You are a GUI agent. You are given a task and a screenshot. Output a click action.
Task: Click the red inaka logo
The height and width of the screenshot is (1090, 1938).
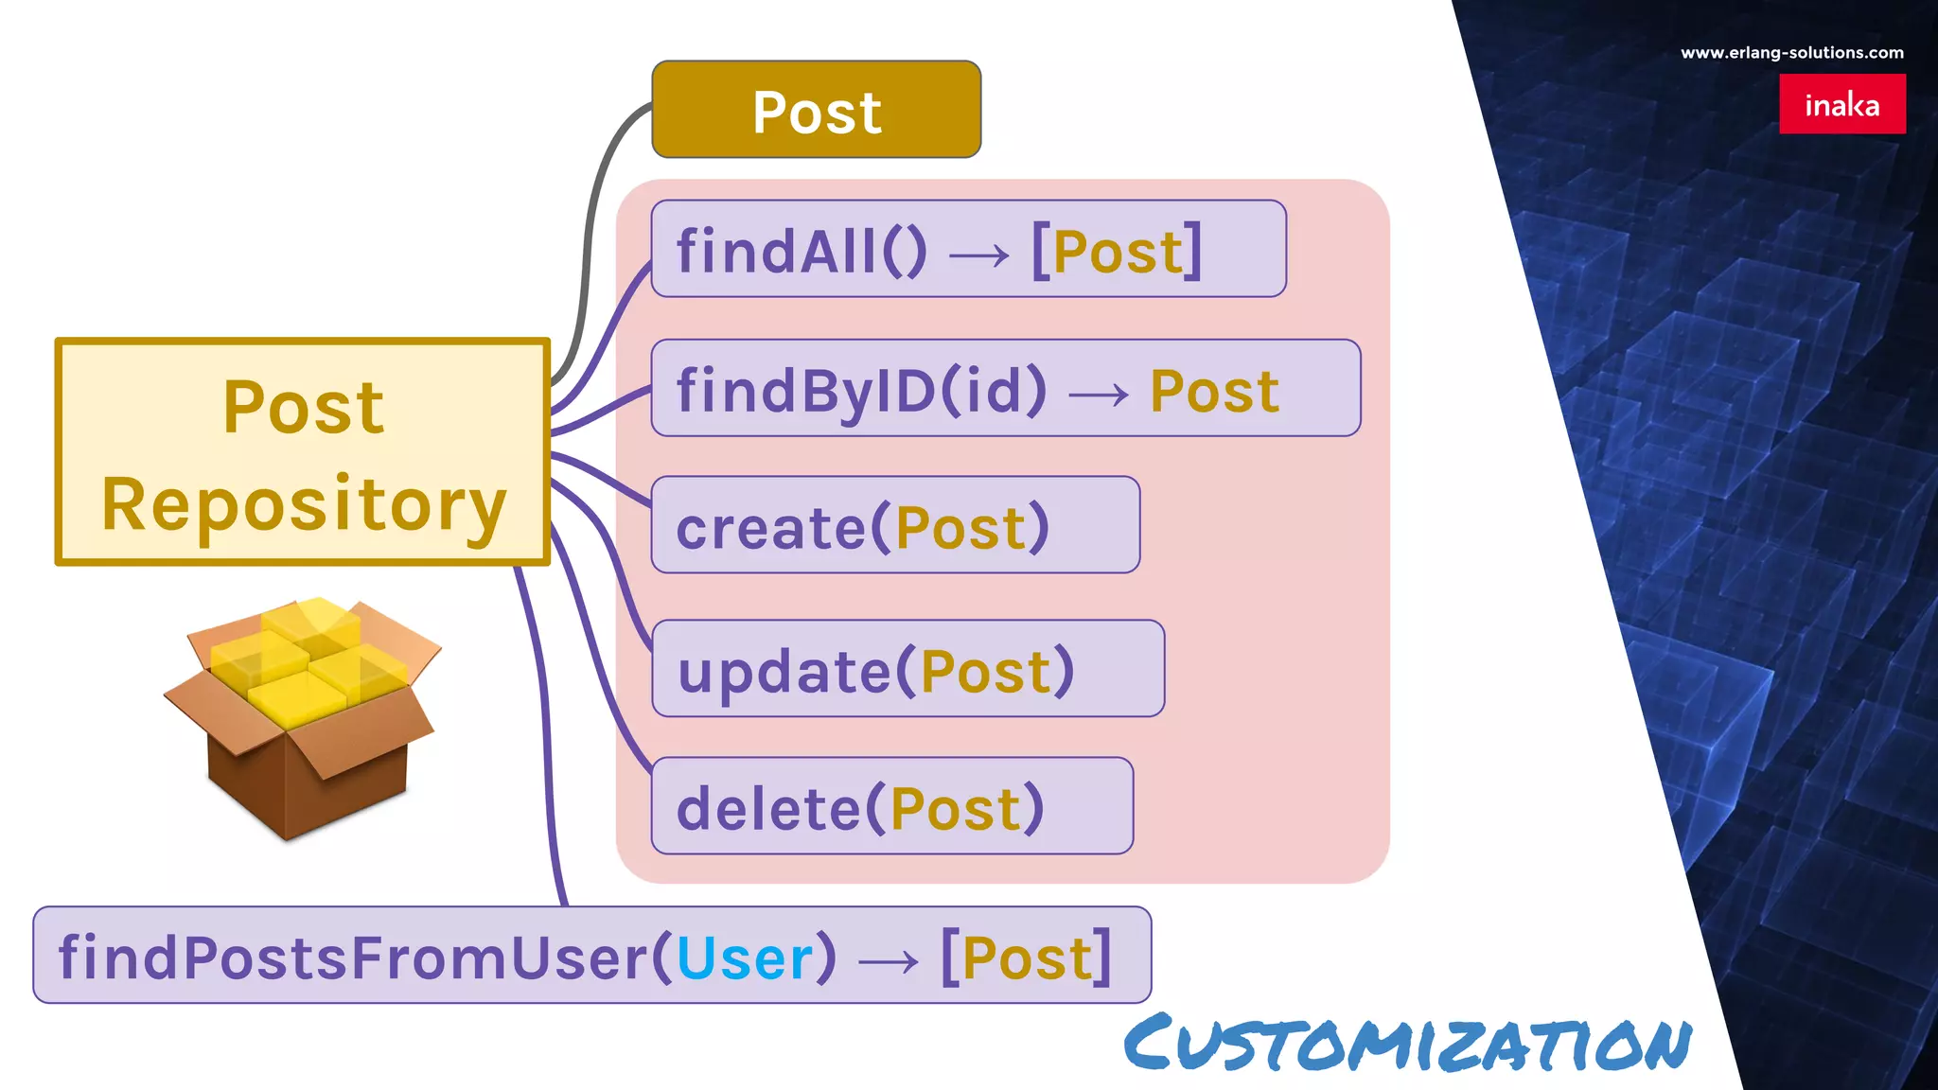1841,104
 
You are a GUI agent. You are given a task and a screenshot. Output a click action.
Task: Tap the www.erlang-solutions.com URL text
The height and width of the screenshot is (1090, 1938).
1791,53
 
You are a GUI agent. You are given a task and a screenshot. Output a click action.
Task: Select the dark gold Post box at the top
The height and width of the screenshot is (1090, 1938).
816,110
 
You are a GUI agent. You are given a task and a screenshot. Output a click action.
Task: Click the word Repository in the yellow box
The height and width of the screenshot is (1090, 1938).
304,505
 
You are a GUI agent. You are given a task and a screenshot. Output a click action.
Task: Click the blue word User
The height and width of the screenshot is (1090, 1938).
745,958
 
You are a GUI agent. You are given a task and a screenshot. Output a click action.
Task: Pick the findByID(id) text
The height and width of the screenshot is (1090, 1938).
861,391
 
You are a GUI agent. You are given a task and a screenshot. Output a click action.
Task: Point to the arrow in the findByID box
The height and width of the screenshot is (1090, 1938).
1098,393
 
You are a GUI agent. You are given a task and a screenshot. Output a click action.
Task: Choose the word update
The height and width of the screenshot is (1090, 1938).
784,672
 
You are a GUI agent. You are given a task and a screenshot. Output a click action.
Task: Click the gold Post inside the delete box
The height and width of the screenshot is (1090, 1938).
956,809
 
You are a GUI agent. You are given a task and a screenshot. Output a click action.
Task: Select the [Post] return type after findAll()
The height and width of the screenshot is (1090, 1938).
1117,252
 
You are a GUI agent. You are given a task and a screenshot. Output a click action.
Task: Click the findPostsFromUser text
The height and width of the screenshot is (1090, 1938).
352,958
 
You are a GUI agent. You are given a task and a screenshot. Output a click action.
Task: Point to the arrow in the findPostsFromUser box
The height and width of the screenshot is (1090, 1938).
888,961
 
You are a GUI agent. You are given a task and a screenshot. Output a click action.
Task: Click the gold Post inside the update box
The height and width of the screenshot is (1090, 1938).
985,672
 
